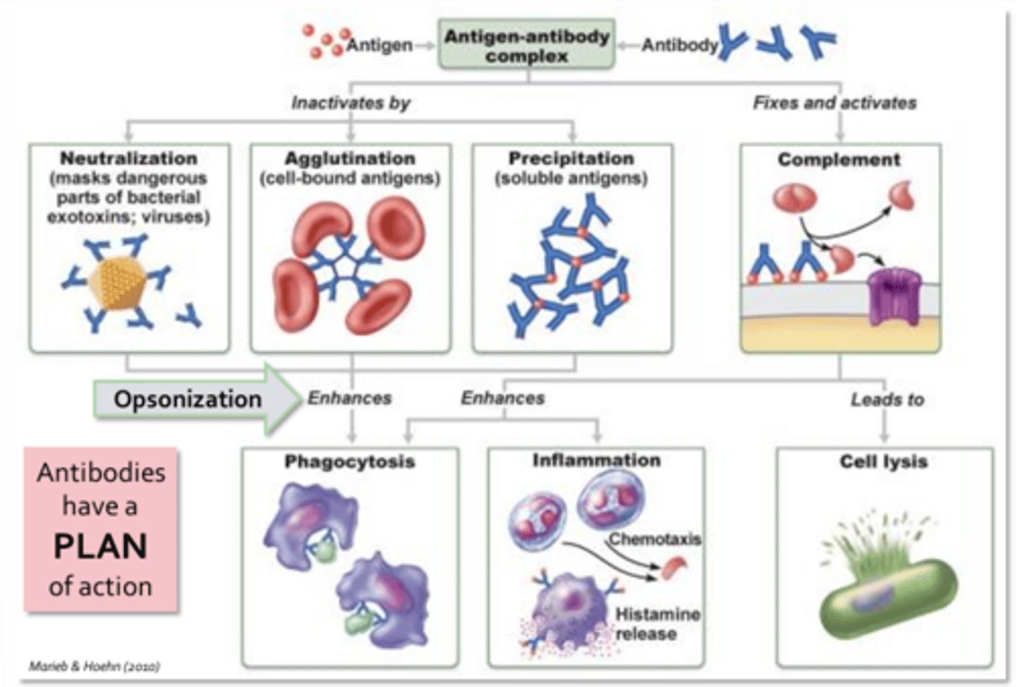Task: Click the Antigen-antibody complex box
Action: point(526,45)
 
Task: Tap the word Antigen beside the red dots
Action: point(379,45)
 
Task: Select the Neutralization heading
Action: point(128,158)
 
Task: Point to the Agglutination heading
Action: point(350,158)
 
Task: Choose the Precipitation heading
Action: point(571,158)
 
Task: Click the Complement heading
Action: point(839,160)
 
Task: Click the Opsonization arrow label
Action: point(188,399)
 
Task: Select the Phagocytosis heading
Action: point(350,462)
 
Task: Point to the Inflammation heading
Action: point(596,460)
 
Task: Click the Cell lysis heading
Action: point(883,462)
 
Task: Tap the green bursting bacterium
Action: point(888,593)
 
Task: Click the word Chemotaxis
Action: point(655,539)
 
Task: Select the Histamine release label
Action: point(656,624)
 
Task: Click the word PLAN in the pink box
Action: point(100,546)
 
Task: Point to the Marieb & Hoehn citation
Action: point(94,666)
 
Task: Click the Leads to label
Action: point(887,400)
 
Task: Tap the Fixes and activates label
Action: point(835,103)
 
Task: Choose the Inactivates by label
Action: point(351,103)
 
